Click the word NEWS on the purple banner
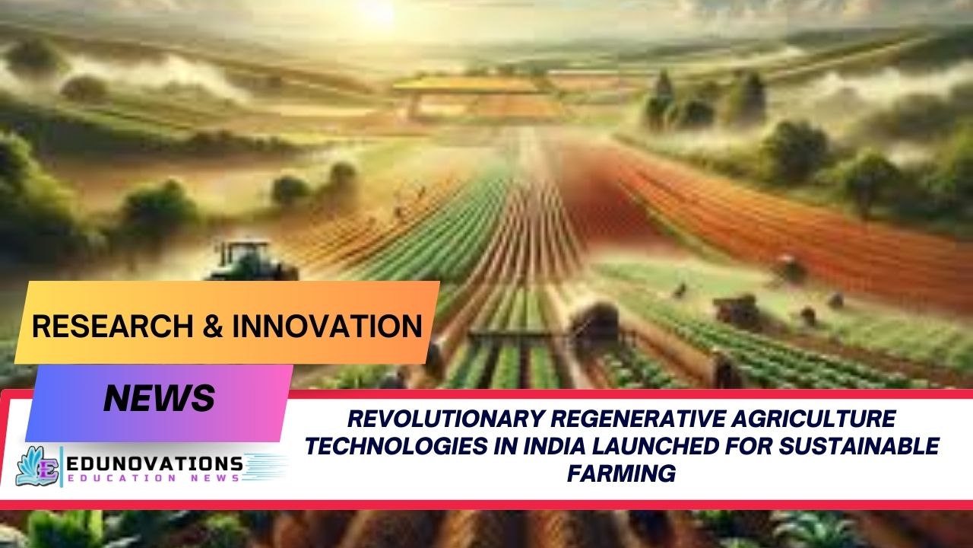tap(159, 398)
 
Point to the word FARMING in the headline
tap(621, 473)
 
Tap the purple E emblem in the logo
tap(47, 466)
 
